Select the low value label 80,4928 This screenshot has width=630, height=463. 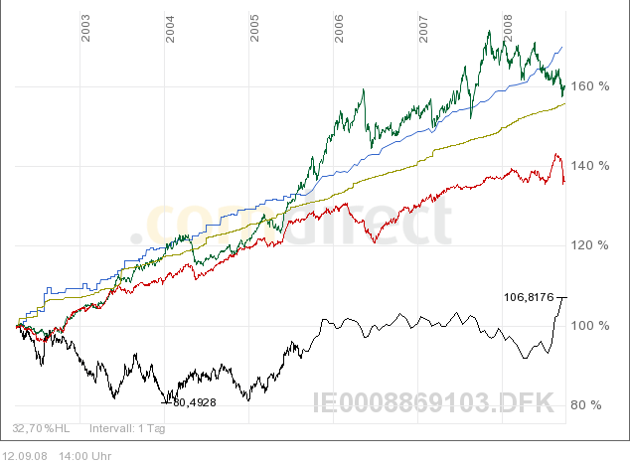pyautogui.click(x=195, y=402)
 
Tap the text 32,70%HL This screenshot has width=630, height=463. pyautogui.click(x=41, y=429)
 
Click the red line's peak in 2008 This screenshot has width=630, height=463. pyautogui.click(x=555, y=154)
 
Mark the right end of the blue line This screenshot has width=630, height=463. pyautogui.click(x=562, y=47)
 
